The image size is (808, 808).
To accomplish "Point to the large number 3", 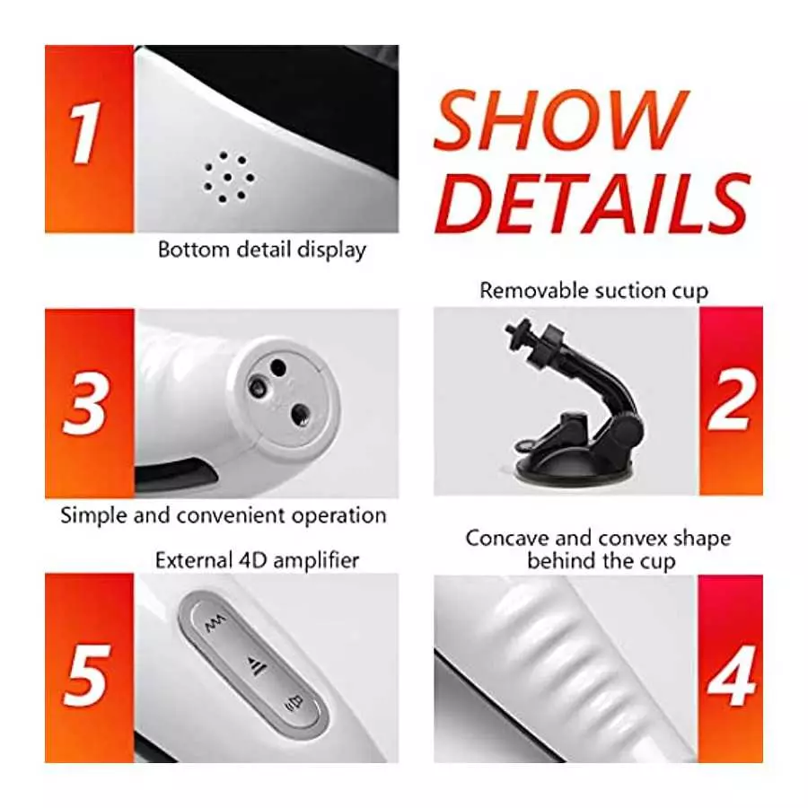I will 87,405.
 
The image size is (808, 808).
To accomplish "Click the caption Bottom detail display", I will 262,250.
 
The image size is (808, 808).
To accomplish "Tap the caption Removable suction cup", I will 593,291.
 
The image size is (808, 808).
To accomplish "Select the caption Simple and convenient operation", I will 223,515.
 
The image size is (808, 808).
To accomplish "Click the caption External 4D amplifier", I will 257,560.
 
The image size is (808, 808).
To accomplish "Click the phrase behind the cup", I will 601,562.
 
